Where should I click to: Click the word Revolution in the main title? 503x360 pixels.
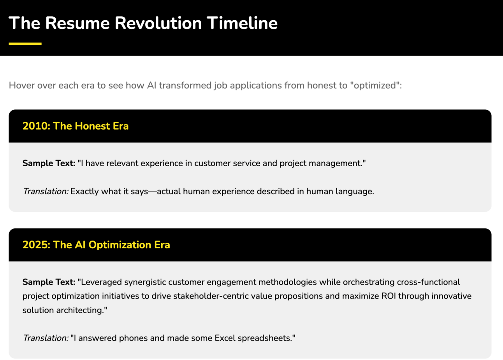158,23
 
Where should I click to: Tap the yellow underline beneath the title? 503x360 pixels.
25,44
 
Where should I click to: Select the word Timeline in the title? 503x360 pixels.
242,23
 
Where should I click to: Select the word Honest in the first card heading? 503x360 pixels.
92,126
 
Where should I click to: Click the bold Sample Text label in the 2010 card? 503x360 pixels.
49,163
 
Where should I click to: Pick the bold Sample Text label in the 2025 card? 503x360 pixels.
49,282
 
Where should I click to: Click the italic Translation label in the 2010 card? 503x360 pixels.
46,191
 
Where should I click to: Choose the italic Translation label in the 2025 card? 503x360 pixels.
46,338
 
